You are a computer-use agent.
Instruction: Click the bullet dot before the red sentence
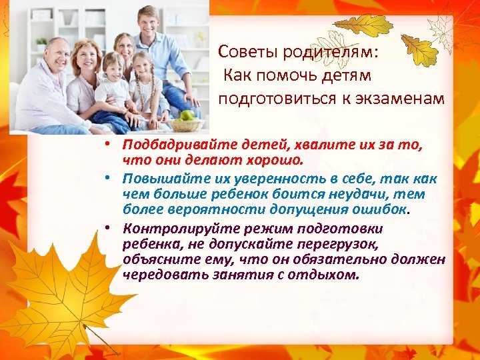click(106, 143)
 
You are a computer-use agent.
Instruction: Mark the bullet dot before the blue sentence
click(106, 177)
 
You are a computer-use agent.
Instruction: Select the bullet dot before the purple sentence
click(106, 227)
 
